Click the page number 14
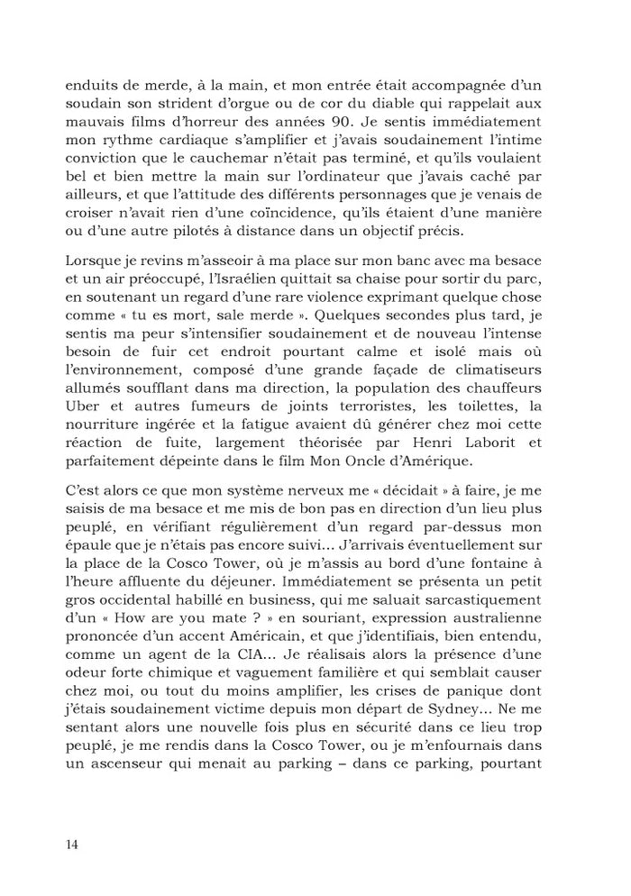pyautogui.click(x=72, y=845)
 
